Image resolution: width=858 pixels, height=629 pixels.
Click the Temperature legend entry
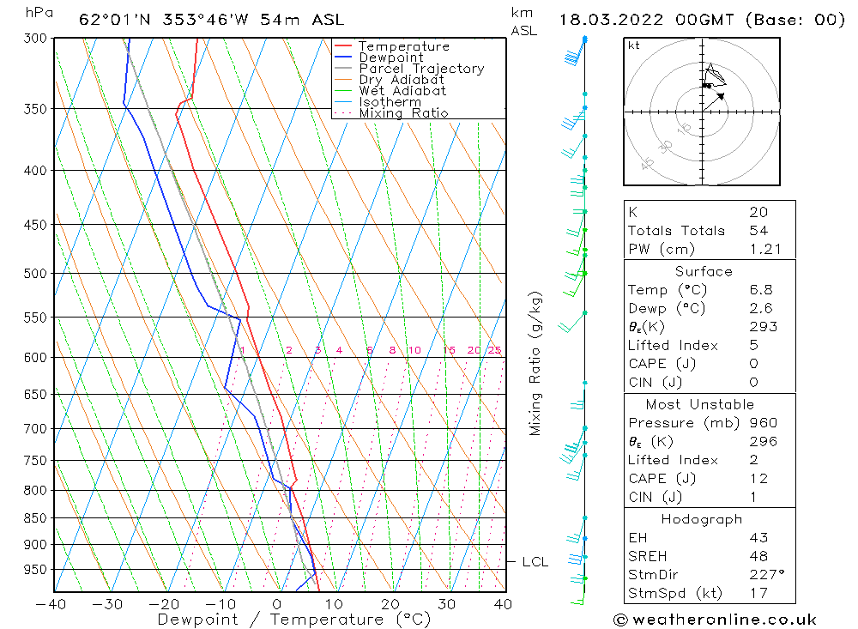tap(403, 46)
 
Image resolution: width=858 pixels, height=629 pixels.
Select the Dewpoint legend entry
tap(390, 57)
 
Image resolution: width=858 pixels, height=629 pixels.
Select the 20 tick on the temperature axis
tap(390, 604)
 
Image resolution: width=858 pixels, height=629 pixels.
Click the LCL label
tap(535, 562)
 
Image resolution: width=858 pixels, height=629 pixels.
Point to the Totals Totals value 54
tap(758, 231)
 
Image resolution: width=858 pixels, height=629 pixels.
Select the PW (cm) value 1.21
tap(758, 249)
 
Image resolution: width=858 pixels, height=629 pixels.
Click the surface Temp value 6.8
tap(758, 290)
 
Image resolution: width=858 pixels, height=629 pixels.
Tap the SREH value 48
tap(758, 556)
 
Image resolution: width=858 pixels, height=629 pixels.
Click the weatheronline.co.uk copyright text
tap(715, 619)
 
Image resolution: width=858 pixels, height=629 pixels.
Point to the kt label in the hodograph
tap(634, 45)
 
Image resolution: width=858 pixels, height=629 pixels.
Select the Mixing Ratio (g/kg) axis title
tap(536, 363)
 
